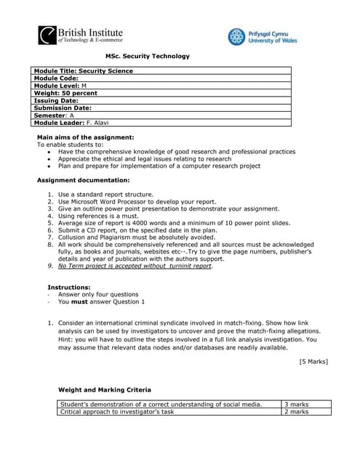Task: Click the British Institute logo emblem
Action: point(47,36)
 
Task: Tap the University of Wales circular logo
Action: point(236,37)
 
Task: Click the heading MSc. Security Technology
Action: point(147,57)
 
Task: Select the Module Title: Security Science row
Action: point(84,71)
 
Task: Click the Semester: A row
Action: point(55,115)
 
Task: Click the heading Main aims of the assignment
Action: point(85,137)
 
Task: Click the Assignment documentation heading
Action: point(83,179)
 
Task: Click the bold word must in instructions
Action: point(80,302)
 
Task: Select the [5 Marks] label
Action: point(313,361)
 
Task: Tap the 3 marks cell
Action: point(296,404)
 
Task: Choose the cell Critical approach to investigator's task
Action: point(116,412)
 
